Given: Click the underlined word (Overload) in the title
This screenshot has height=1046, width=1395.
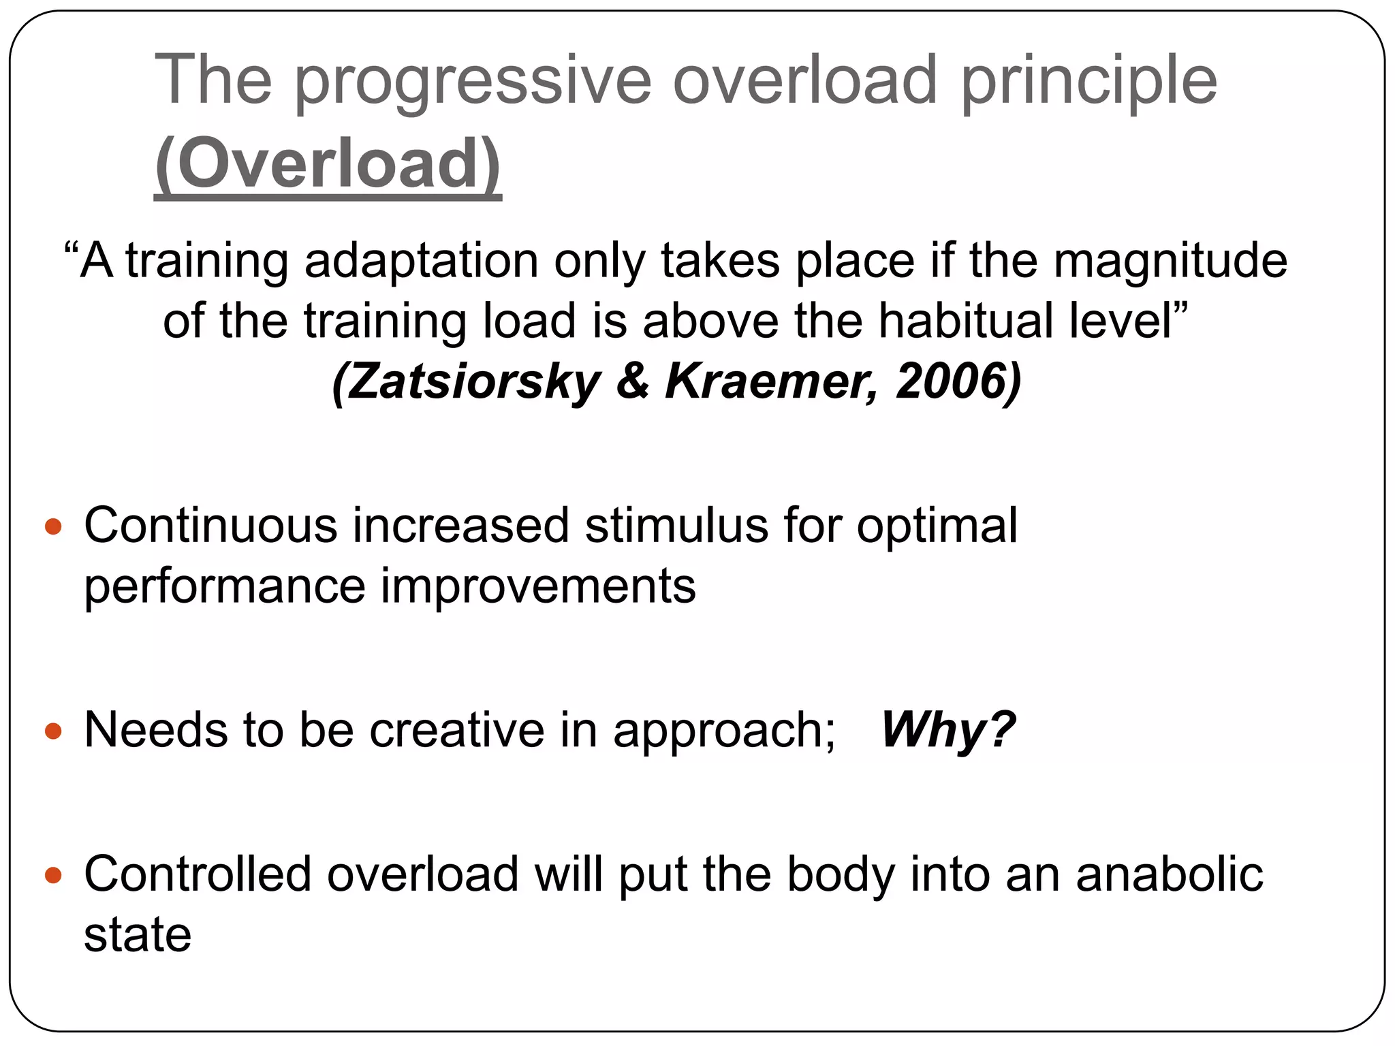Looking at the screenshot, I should pyautogui.click(x=328, y=164).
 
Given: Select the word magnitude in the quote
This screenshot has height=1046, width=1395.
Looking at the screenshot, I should pyautogui.click(x=1170, y=261).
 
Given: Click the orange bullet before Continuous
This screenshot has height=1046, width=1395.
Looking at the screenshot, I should pyautogui.click(x=53, y=526).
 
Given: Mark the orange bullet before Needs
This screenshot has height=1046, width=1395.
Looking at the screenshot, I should pyautogui.click(x=53, y=731).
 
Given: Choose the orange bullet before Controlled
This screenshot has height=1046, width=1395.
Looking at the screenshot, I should pyautogui.click(x=53, y=875).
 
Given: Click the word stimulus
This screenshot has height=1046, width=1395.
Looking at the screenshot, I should pyautogui.click(x=676, y=526).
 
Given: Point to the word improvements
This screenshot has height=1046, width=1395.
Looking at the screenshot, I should pyautogui.click(x=538, y=586).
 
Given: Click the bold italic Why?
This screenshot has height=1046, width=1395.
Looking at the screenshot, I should pyautogui.click(x=947, y=730).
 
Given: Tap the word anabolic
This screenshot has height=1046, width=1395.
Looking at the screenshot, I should pyautogui.click(x=1169, y=874).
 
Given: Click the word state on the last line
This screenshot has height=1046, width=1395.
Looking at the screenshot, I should pyautogui.click(x=138, y=934).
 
